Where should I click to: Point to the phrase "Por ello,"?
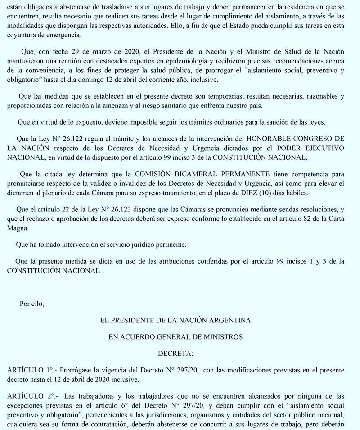coord(32,304)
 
